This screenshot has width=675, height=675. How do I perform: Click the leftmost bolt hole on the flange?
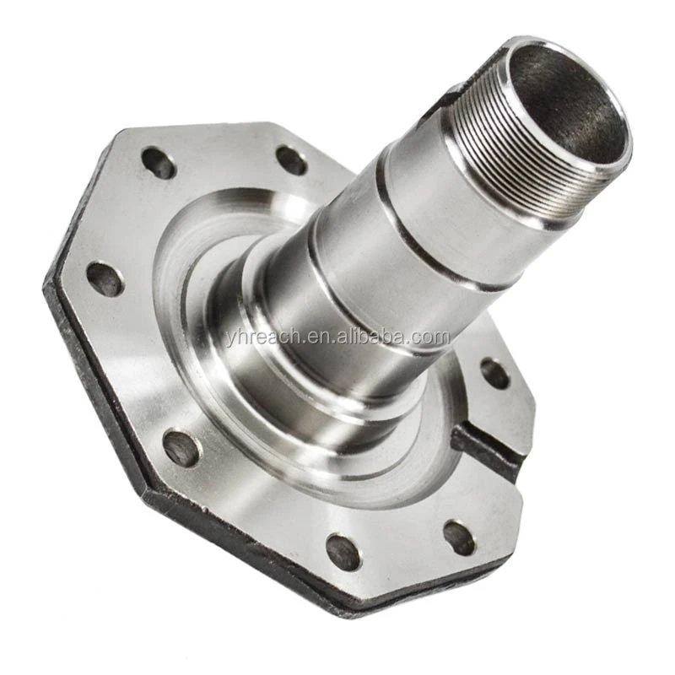click(105, 278)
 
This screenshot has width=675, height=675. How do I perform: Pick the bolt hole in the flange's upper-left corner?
click(158, 163)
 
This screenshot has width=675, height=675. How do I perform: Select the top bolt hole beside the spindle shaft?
click(291, 160)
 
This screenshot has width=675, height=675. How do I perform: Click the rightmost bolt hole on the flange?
click(494, 372)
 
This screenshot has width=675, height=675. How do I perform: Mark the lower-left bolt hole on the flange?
click(181, 448)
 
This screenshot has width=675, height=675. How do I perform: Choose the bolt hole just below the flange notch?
click(459, 537)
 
